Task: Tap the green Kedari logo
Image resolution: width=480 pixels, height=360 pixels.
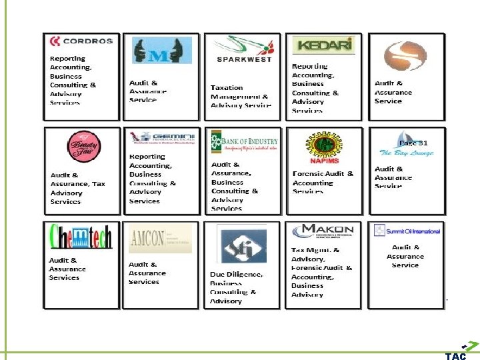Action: coord(324,45)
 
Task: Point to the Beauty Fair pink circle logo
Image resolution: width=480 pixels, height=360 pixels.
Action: coord(83,145)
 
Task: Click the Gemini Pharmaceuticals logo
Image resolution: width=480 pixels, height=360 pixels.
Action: coord(163,137)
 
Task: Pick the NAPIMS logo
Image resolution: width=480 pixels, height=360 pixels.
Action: coord(325,145)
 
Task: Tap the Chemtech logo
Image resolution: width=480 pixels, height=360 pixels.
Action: coord(81,236)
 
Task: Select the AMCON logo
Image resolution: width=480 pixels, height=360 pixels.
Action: coord(160,237)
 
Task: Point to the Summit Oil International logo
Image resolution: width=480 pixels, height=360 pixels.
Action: coord(407,231)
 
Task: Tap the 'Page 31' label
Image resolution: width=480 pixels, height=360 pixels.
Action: coord(413,143)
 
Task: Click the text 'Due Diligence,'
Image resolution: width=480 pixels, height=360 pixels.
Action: coord(237,274)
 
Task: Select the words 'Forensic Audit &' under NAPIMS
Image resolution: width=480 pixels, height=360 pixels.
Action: coord(323,174)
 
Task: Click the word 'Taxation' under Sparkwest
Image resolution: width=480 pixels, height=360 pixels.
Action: coord(227,87)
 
